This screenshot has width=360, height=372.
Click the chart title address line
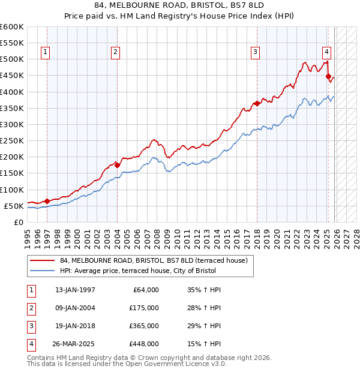(180, 5)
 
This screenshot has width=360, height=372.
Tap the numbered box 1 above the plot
(47, 52)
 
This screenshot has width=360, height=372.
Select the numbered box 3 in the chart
(255, 52)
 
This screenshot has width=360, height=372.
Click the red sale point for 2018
(257, 103)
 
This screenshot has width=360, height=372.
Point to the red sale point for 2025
(328, 76)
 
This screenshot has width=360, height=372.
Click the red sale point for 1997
(47, 201)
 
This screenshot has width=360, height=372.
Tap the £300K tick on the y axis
(11, 124)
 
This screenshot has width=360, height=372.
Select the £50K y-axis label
(13, 206)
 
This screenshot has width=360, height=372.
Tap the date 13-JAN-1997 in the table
(75, 290)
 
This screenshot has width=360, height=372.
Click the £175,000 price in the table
(144, 308)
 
